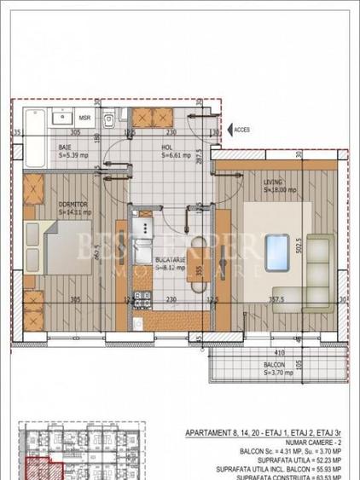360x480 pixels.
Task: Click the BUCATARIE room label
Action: (171, 260)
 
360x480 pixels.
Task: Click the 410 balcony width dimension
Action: (278, 351)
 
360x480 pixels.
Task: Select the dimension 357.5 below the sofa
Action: (276, 298)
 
